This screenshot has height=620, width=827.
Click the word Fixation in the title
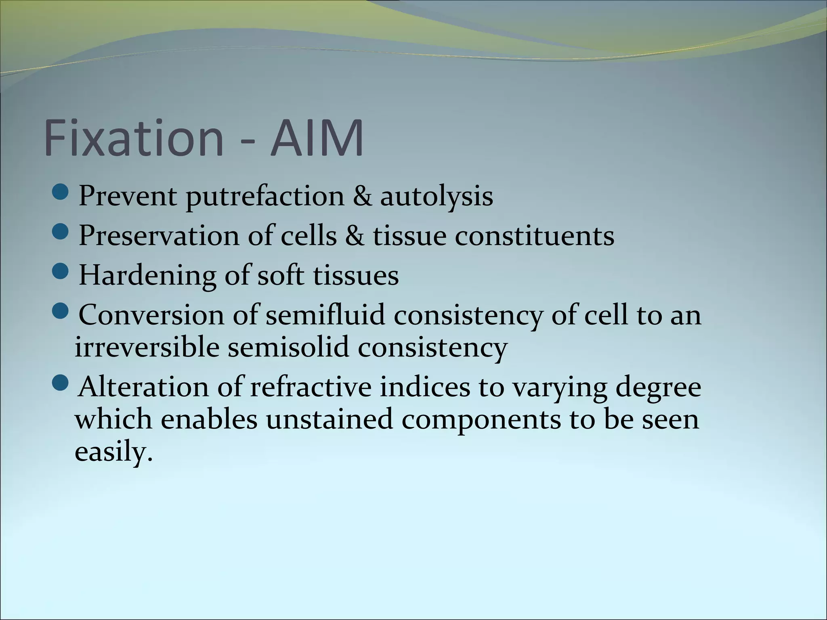(133, 138)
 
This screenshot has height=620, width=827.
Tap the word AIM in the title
(317, 138)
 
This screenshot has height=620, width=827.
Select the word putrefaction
(265, 197)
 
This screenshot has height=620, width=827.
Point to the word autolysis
(436, 197)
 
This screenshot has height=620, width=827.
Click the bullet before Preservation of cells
(61, 232)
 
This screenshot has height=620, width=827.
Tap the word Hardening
(147, 276)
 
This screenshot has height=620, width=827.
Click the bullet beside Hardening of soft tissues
(61, 272)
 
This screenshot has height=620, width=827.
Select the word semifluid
(325, 315)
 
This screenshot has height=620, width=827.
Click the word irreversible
(147, 347)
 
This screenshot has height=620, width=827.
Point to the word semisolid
(288, 347)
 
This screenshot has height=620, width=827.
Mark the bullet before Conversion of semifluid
(61, 311)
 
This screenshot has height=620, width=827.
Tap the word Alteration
(144, 387)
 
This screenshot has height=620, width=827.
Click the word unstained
(329, 419)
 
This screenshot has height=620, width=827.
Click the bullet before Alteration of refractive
(61, 383)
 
